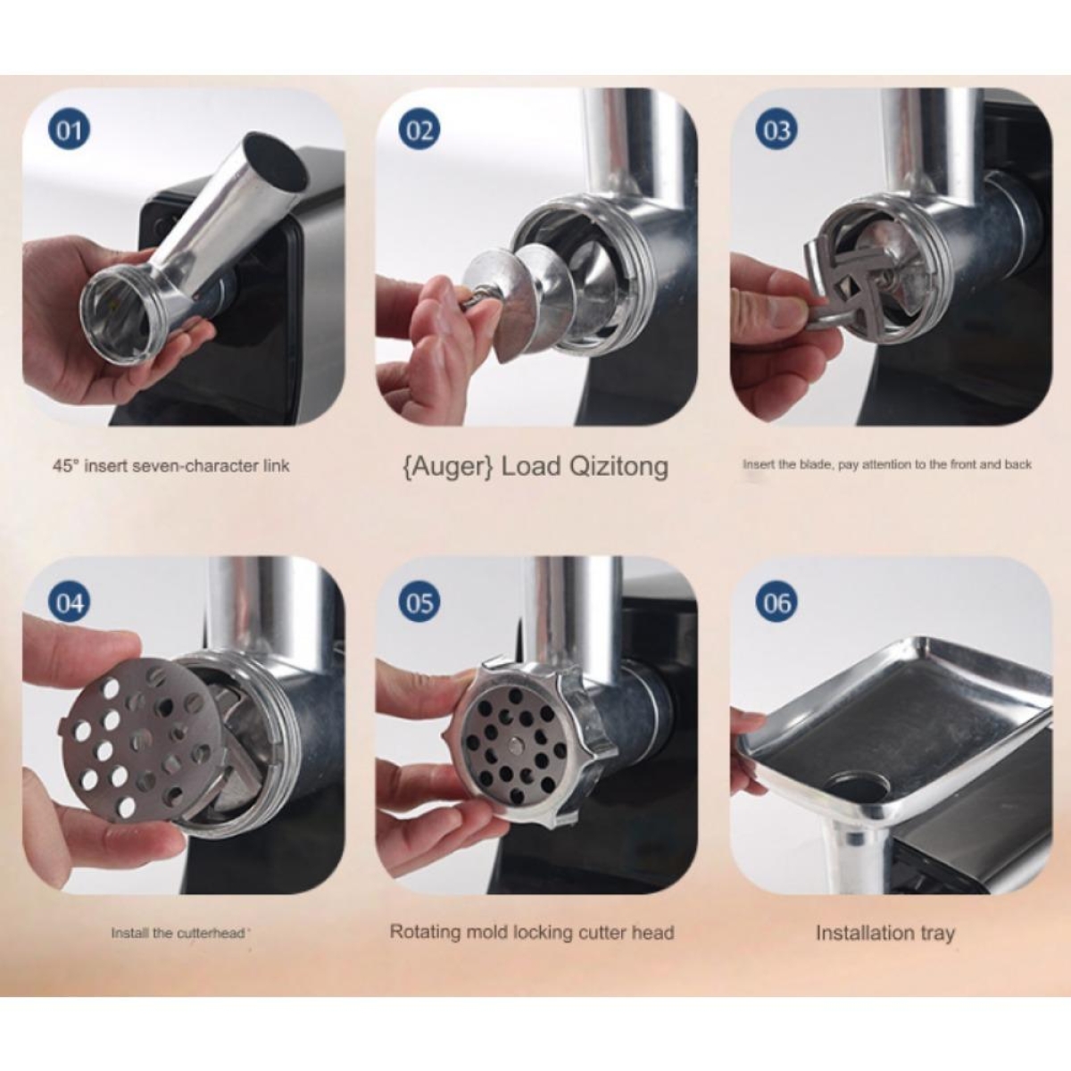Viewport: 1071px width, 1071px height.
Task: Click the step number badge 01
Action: [x=69, y=131]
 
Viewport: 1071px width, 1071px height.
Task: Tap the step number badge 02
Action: [x=419, y=131]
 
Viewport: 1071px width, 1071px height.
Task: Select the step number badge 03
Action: [x=776, y=131]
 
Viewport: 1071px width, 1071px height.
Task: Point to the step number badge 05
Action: [x=419, y=603]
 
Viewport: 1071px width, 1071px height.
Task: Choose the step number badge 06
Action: [x=776, y=603]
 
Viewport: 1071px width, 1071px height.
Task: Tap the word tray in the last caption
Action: [x=937, y=933]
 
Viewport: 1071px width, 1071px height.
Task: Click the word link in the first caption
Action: [x=276, y=465]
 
